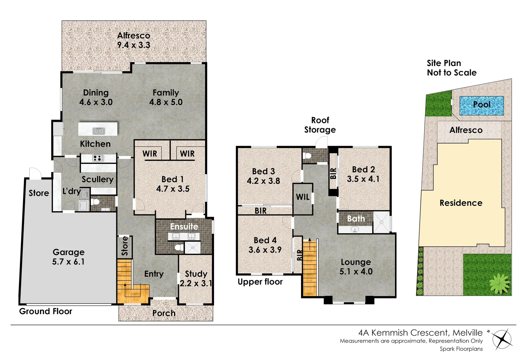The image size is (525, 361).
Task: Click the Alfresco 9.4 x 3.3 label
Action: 134,40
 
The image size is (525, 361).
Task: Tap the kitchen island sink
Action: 99,131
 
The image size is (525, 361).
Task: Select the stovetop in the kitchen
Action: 99,158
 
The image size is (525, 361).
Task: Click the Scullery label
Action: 98,179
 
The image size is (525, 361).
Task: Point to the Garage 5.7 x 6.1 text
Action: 68,257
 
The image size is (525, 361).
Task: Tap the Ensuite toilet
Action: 179,247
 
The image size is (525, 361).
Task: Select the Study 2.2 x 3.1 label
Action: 196,278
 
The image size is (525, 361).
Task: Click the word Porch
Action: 164,313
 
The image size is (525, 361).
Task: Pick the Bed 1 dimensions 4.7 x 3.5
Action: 173,189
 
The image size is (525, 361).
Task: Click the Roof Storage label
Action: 320,125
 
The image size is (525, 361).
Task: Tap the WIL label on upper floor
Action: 303,197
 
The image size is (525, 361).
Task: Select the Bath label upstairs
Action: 356,219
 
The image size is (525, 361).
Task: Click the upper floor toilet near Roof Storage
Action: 308,155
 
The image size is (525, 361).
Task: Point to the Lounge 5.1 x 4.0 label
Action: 356,267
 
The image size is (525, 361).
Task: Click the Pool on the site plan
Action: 481,105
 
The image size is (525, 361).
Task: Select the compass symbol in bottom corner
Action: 502,339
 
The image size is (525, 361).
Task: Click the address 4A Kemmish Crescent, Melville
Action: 420,333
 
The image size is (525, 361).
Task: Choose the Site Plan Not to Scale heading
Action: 452,68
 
